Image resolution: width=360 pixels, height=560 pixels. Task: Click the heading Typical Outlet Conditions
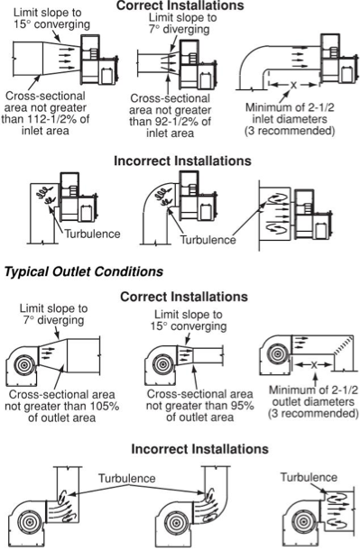(x=84, y=271)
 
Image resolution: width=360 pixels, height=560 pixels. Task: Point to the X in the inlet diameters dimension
(x=293, y=85)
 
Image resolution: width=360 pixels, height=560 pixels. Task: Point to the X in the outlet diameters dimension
(x=314, y=364)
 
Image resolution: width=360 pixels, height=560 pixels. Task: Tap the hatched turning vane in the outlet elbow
(x=343, y=345)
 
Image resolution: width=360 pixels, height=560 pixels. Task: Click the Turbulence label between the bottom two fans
(x=127, y=478)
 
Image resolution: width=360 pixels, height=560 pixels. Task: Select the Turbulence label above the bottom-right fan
(x=309, y=477)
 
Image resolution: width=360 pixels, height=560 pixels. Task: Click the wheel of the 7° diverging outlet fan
(x=23, y=366)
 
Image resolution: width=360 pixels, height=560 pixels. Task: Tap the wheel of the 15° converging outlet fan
(x=163, y=364)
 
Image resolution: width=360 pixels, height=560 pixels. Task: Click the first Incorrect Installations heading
(x=182, y=161)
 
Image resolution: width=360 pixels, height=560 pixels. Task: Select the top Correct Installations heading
(x=180, y=5)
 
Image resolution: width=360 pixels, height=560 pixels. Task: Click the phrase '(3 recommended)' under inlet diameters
(x=290, y=131)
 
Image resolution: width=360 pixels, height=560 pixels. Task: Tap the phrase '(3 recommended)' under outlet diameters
(x=313, y=413)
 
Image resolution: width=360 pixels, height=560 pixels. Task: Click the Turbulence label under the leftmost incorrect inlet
(x=93, y=234)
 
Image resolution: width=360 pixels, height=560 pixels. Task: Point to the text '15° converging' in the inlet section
(x=52, y=24)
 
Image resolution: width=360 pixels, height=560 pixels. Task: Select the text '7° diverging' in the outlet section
(x=54, y=319)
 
